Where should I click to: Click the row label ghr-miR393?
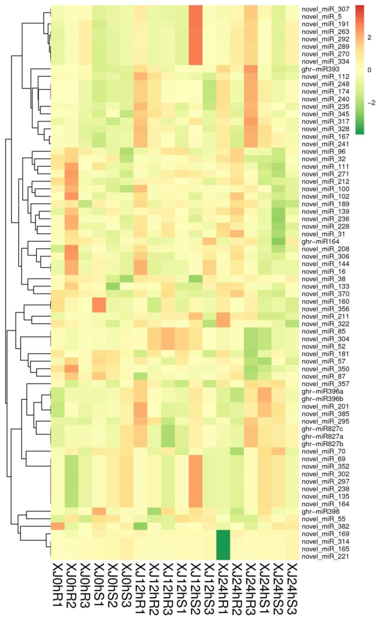tap(320, 69)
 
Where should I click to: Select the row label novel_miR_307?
tap(325, 9)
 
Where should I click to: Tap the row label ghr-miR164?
tap(320, 242)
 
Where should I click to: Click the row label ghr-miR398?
tap(320, 511)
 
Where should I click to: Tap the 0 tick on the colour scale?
tap(369, 70)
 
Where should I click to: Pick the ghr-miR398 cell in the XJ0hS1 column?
tap(99, 511)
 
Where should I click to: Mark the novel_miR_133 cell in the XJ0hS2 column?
tap(113, 286)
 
